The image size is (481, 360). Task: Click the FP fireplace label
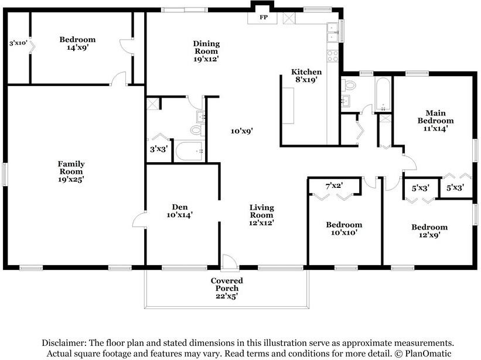coord(264,18)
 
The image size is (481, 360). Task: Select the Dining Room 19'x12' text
coord(206,51)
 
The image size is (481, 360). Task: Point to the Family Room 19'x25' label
coord(70,172)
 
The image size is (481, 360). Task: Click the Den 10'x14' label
coord(179,211)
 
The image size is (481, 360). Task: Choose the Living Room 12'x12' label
coord(261,215)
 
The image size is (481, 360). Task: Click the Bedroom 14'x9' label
coord(77,44)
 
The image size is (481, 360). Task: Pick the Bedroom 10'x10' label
coord(344,228)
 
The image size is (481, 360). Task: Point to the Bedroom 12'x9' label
coord(429,231)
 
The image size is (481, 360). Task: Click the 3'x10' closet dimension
coord(18,43)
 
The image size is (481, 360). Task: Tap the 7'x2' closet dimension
coord(334,186)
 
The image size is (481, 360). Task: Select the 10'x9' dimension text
coord(241,131)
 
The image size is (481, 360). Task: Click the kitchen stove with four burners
coord(333,56)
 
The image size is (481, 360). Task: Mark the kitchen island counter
coord(289,105)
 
